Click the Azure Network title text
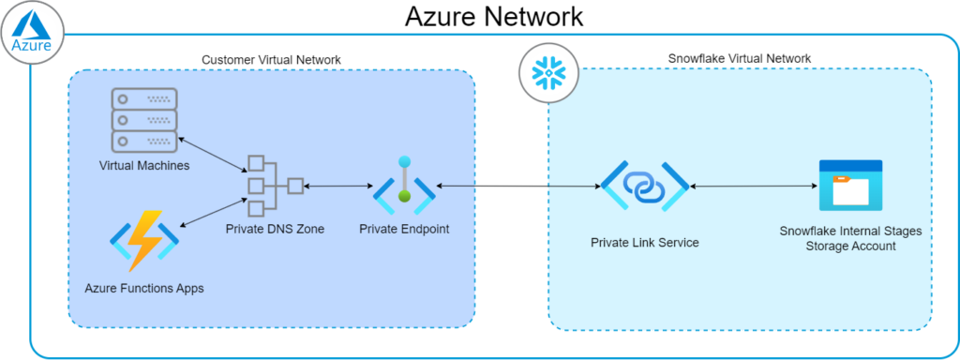point(494,16)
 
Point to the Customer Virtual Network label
point(271,60)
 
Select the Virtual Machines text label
point(143,166)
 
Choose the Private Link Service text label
point(644,243)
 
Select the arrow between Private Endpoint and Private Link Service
point(518,187)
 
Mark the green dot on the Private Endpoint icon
point(404,196)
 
